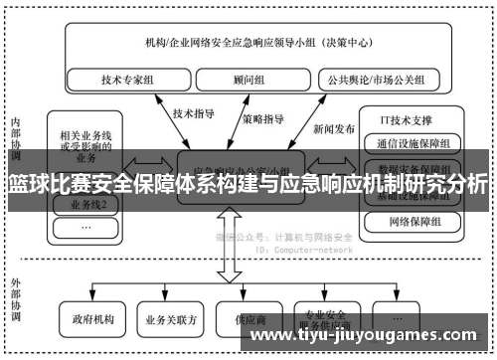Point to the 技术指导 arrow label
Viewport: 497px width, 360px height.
[x=195, y=113]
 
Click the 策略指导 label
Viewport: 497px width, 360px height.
[x=262, y=118]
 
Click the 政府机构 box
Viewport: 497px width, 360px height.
[x=93, y=320]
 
